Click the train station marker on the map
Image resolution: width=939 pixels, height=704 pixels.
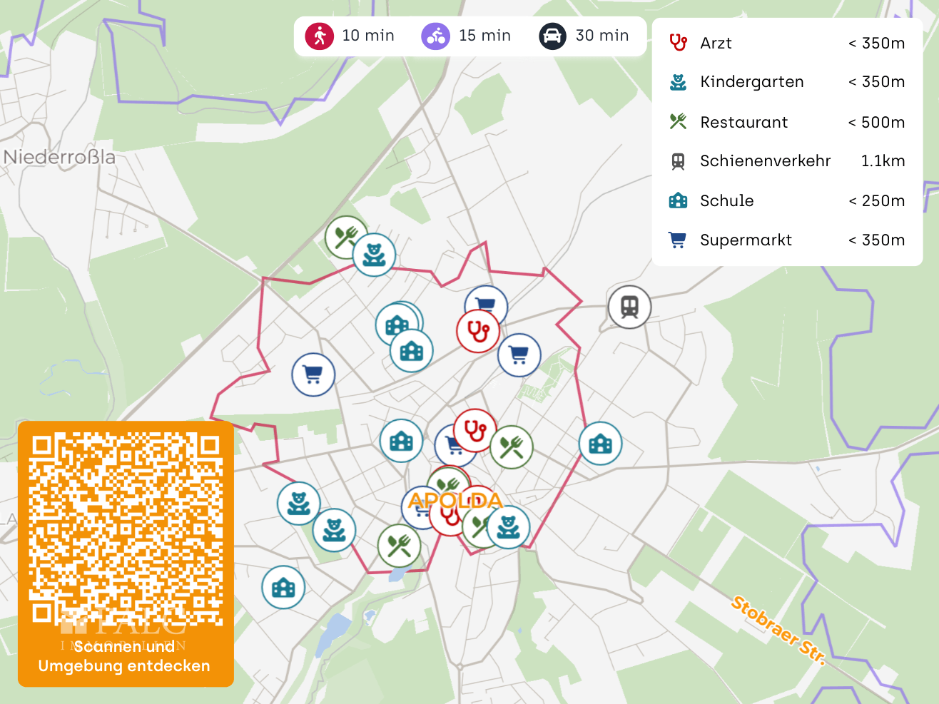(629, 307)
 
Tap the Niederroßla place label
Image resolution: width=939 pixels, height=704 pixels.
(59, 157)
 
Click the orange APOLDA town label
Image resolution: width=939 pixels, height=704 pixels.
(455, 500)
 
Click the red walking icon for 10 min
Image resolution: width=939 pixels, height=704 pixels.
(320, 36)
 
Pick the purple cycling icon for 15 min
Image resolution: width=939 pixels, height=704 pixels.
(435, 36)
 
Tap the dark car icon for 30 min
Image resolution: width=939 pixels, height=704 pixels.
(552, 36)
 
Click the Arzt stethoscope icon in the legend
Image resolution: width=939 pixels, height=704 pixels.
(678, 43)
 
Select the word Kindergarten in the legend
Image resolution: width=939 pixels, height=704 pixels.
(751, 82)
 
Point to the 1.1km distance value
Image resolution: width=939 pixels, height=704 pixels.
(883, 160)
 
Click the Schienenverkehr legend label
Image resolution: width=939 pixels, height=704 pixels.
(765, 160)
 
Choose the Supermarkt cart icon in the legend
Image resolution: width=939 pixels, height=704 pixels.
(678, 240)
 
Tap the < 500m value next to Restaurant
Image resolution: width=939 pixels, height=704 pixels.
(876, 122)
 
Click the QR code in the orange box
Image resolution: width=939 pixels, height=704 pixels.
(126, 529)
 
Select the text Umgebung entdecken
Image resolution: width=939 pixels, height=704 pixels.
(124, 666)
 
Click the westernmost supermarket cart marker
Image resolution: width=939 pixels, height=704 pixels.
(313, 374)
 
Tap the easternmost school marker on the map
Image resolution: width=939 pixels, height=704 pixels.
(600, 443)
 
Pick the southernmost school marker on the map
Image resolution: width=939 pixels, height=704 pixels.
(283, 588)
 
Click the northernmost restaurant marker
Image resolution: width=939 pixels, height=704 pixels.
(346, 237)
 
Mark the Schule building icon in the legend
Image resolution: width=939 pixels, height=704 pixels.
(678, 200)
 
